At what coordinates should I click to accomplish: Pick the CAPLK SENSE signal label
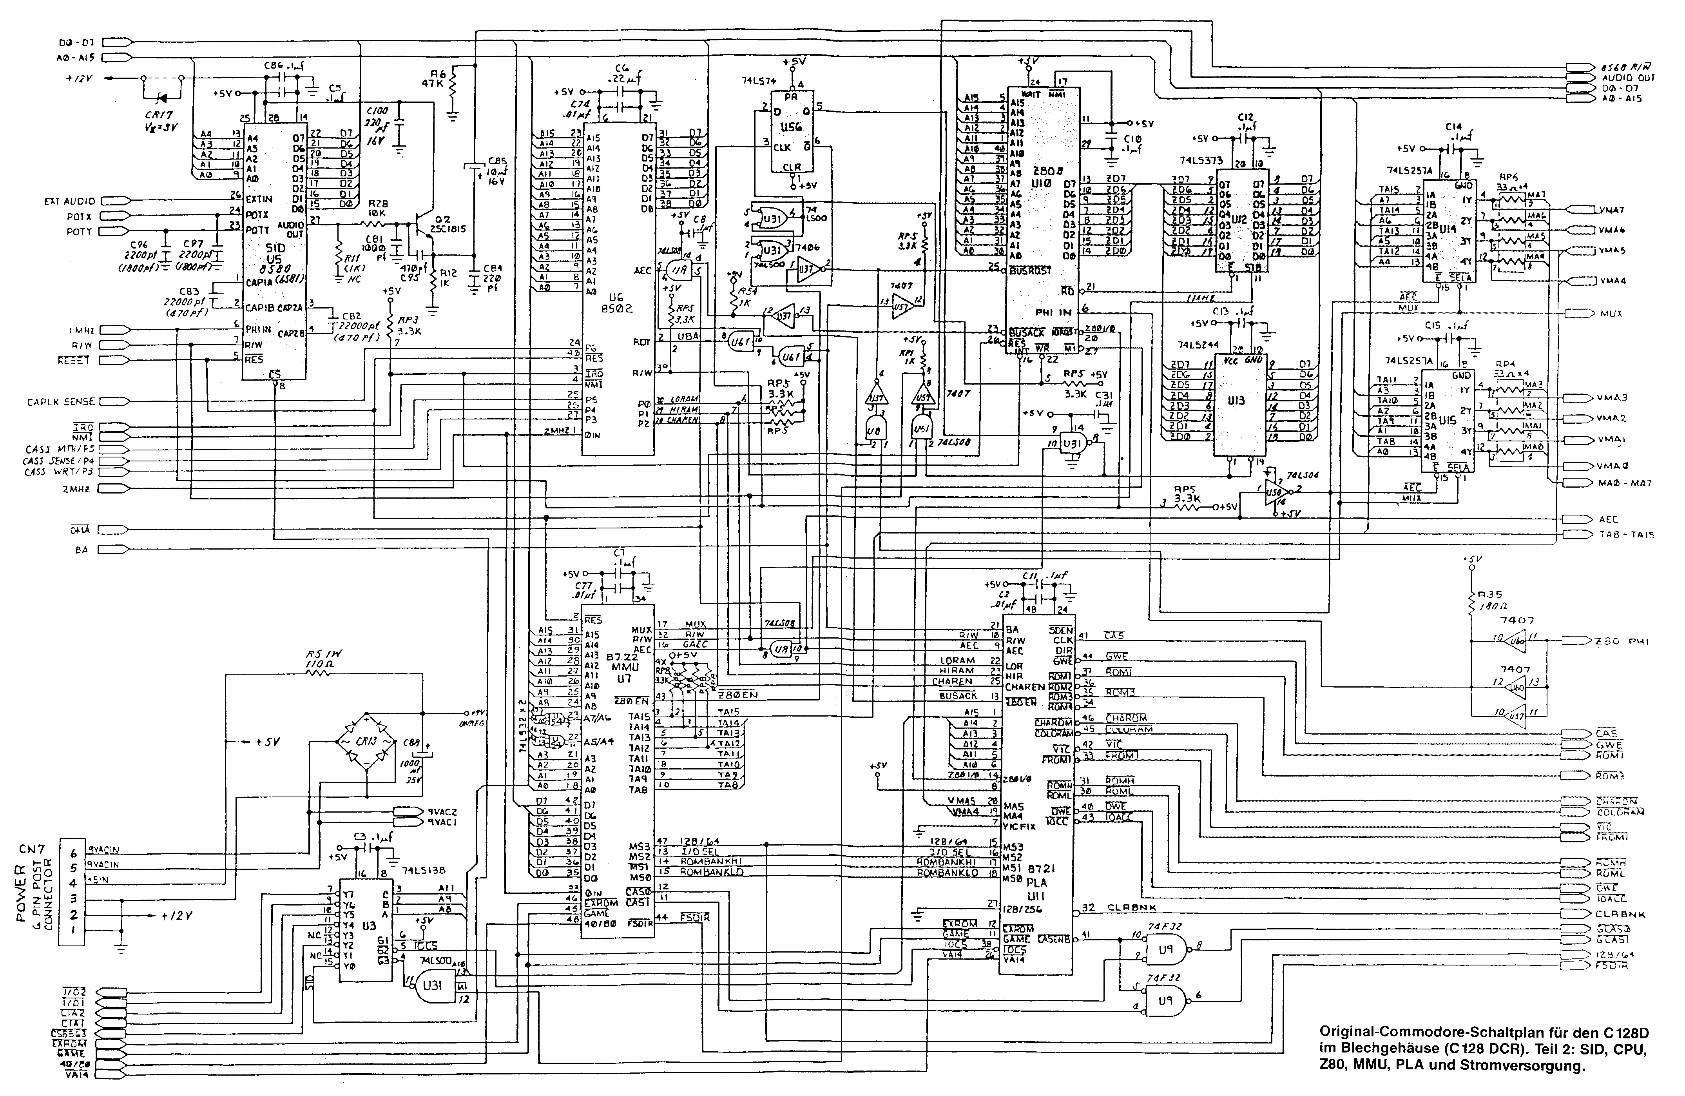pyautogui.click(x=61, y=401)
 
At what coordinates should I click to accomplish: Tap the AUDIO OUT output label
pyautogui.click(x=1628, y=78)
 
